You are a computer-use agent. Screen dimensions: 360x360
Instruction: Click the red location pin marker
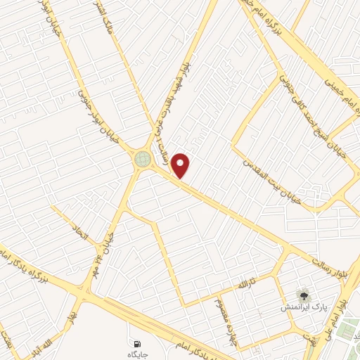point(182,166)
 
